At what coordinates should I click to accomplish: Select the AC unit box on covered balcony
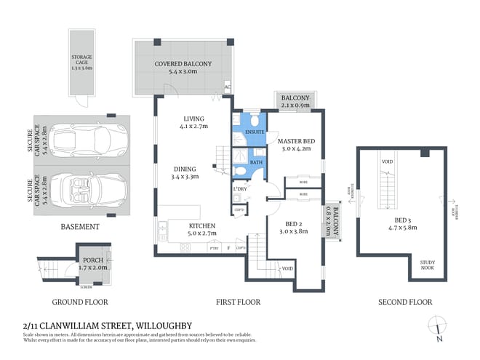click(x=228, y=87)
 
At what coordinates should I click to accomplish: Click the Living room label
click(x=194, y=122)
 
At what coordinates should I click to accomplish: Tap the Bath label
click(x=256, y=162)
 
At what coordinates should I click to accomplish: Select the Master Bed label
click(x=295, y=145)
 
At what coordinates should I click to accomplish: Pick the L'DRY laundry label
click(x=240, y=191)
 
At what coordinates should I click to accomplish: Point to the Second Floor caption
click(x=405, y=302)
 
